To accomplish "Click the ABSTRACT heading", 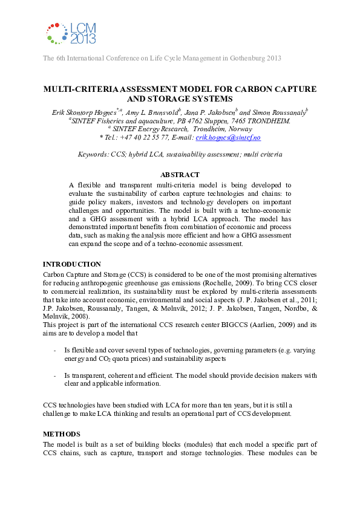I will click(x=180, y=175).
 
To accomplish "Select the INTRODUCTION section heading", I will click(x=71, y=264).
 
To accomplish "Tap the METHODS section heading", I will click(x=61, y=434).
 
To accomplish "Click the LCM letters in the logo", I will click(x=83, y=28).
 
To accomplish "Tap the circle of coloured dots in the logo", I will click(x=57, y=33).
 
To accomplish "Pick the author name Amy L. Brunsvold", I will click(x=152, y=111).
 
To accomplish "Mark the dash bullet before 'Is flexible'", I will click(x=56, y=350).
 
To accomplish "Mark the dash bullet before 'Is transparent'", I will click(x=56, y=375).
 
